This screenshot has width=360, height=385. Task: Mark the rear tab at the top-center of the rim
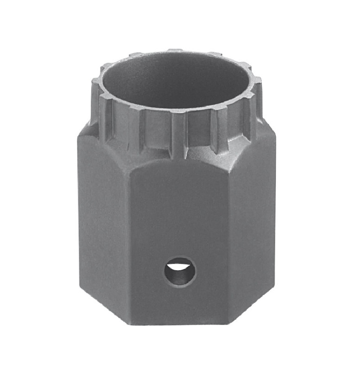point(176,51)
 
